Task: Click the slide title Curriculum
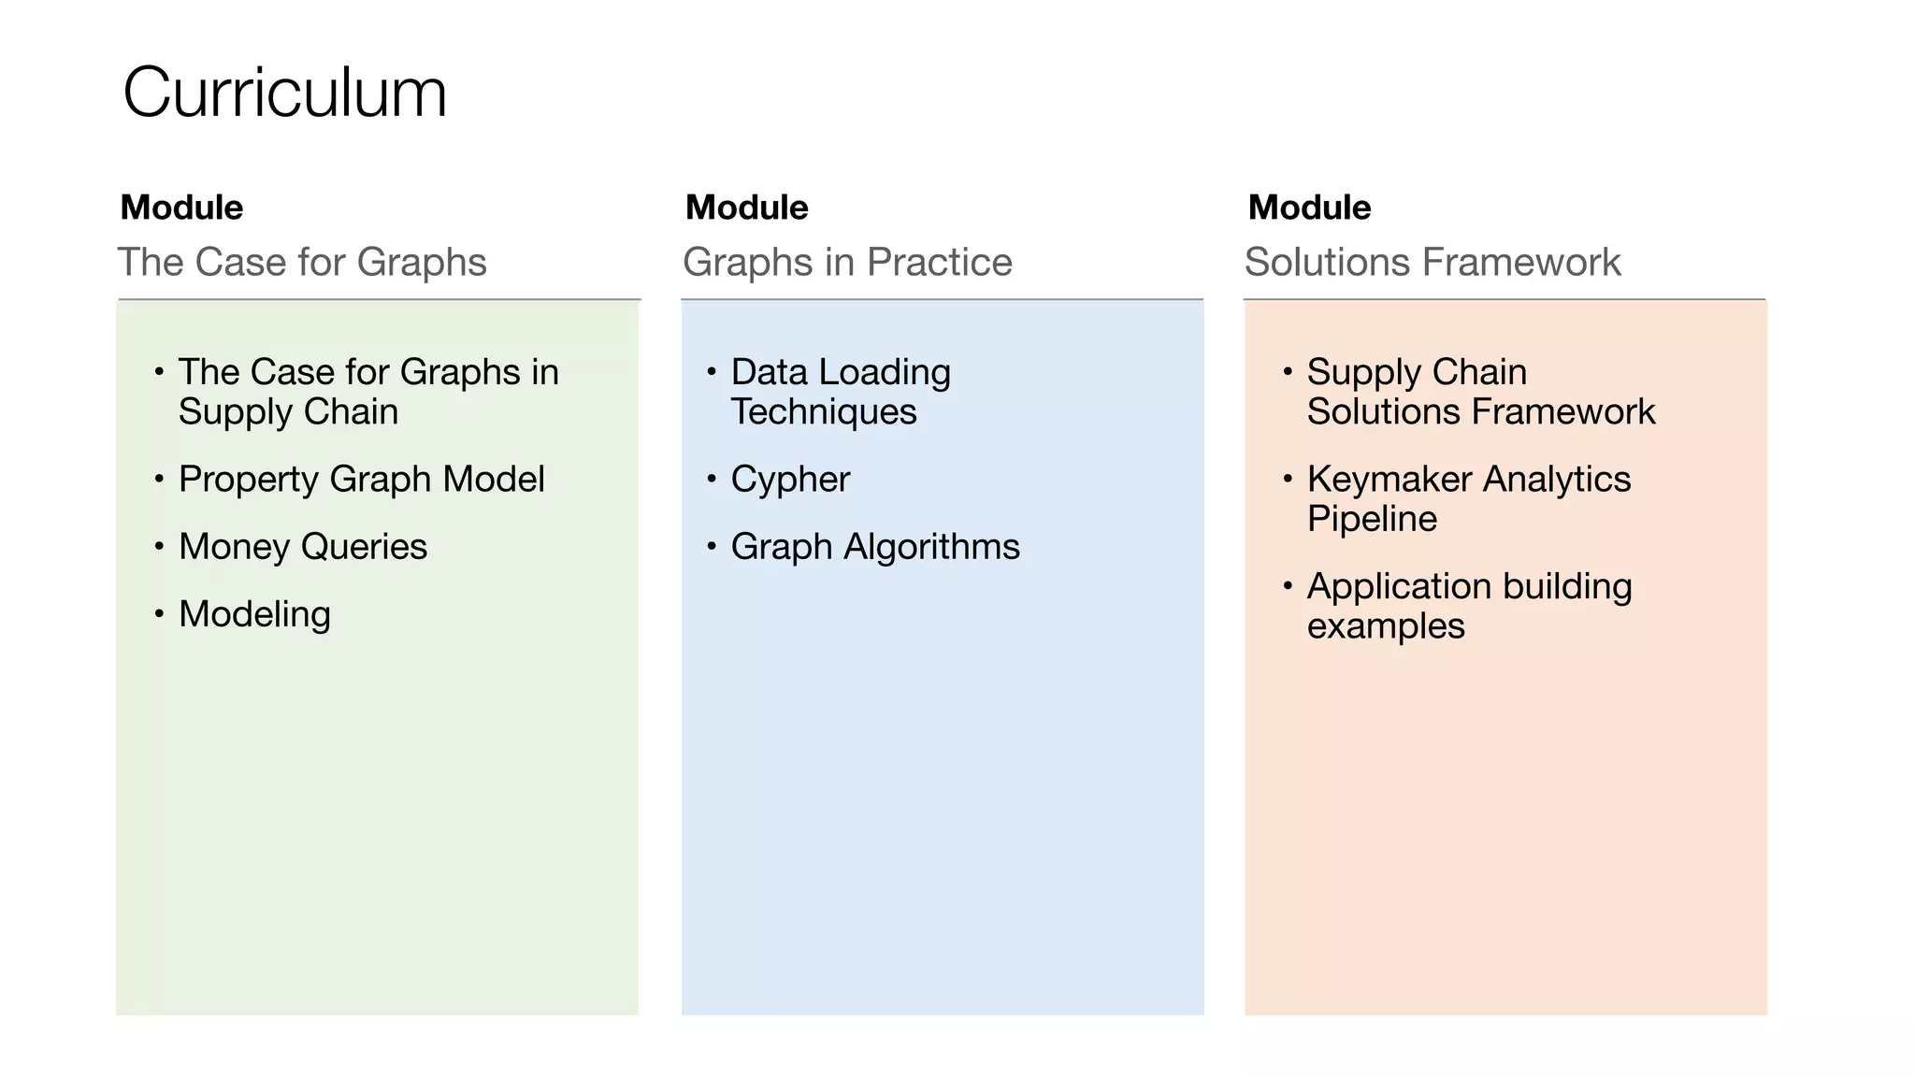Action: click(x=284, y=93)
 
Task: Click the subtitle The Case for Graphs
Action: click(x=301, y=262)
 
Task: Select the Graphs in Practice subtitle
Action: click(x=847, y=262)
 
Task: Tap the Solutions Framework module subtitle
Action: click(x=1433, y=262)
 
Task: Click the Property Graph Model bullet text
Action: click(x=361, y=480)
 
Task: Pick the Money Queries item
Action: click(x=303, y=547)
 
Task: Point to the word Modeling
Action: click(x=254, y=614)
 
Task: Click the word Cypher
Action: click(x=790, y=480)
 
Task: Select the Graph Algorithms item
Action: click(x=875, y=547)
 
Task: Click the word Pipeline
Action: click(x=1372, y=519)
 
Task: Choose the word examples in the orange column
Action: click(x=1386, y=626)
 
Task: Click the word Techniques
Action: click(x=824, y=412)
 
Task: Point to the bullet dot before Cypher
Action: click(x=712, y=479)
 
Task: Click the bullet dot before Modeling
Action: click(x=159, y=613)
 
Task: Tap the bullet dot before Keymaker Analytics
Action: click(x=1288, y=479)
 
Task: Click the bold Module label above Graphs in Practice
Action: click(x=746, y=208)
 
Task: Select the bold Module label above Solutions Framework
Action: click(x=1309, y=208)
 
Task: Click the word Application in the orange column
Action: click(x=1399, y=587)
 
